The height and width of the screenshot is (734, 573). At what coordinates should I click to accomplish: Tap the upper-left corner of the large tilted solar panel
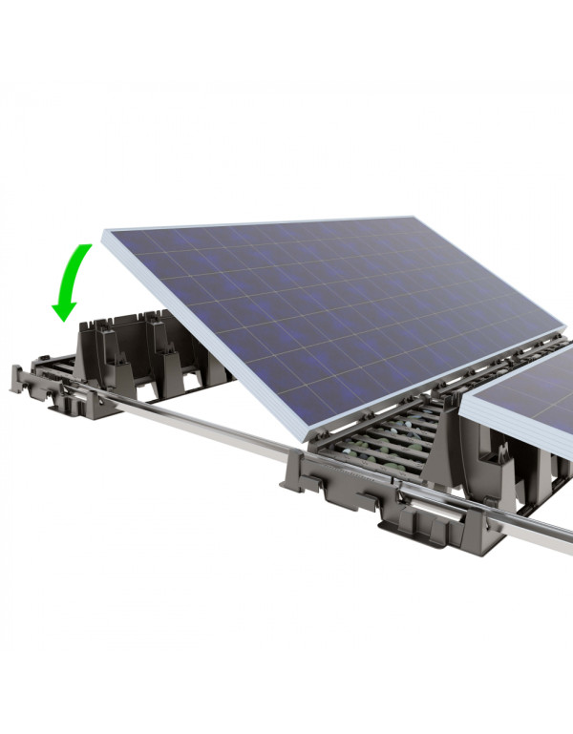[105, 232]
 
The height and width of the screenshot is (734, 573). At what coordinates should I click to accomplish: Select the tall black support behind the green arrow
[100, 344]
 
